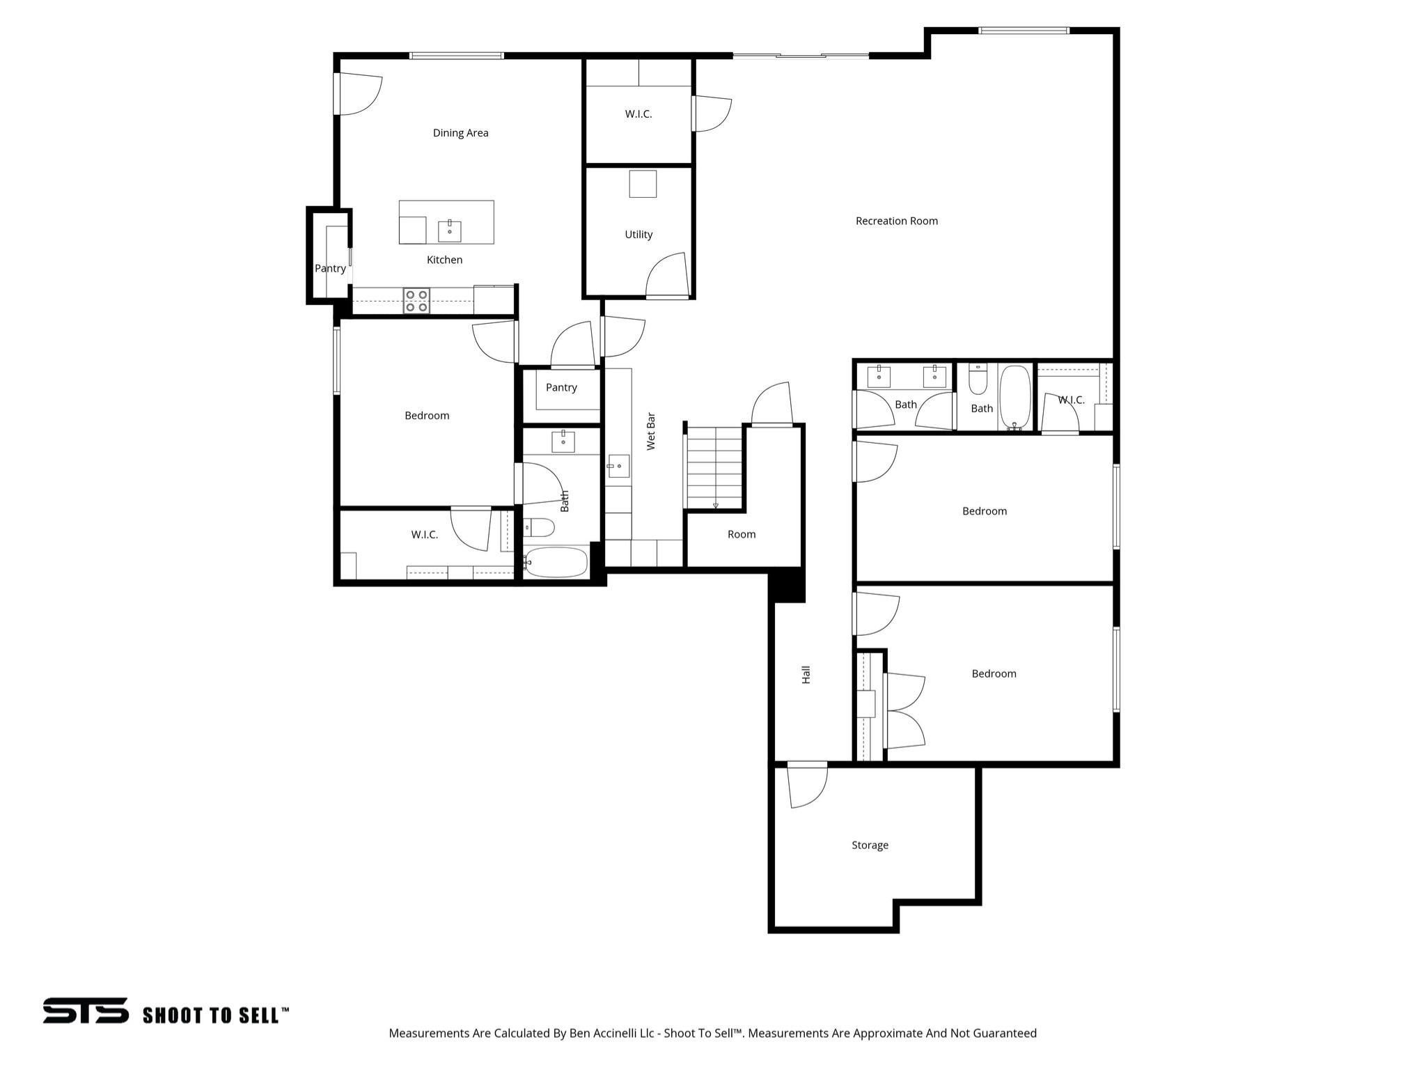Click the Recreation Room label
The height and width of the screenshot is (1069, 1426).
click(x=896, y=221)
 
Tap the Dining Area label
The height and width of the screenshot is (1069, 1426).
click(x=460, y=133)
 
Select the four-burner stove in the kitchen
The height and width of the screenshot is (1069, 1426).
click(x=416, y=301)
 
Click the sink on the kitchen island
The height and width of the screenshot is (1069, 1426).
click(x=449, y=231)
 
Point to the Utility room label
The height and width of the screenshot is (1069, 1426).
click(x=638, y=235)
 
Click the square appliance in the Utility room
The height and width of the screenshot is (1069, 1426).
click(x=643, y=184)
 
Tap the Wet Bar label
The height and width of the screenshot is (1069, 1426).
click(x=651, y=431)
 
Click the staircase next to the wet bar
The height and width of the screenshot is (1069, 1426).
click(x=714, y=467)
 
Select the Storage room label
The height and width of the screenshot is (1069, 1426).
click(x=870, y=845)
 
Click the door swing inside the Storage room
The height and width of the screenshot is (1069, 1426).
click(x=808, y=787)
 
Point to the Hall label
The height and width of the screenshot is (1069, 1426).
click(x=806, y=674)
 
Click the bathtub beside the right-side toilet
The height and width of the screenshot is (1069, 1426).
click(x=1015, y=397)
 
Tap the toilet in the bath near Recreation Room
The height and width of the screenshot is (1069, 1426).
click(x=978, y=380)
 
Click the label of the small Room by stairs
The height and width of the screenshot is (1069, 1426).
click(x=742, y=534)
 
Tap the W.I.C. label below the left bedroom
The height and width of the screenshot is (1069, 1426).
click(x=424, y=534)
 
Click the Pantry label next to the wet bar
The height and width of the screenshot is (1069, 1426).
click(x=561, y=387)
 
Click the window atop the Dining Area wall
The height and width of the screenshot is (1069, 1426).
click(x=456, y=56)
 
